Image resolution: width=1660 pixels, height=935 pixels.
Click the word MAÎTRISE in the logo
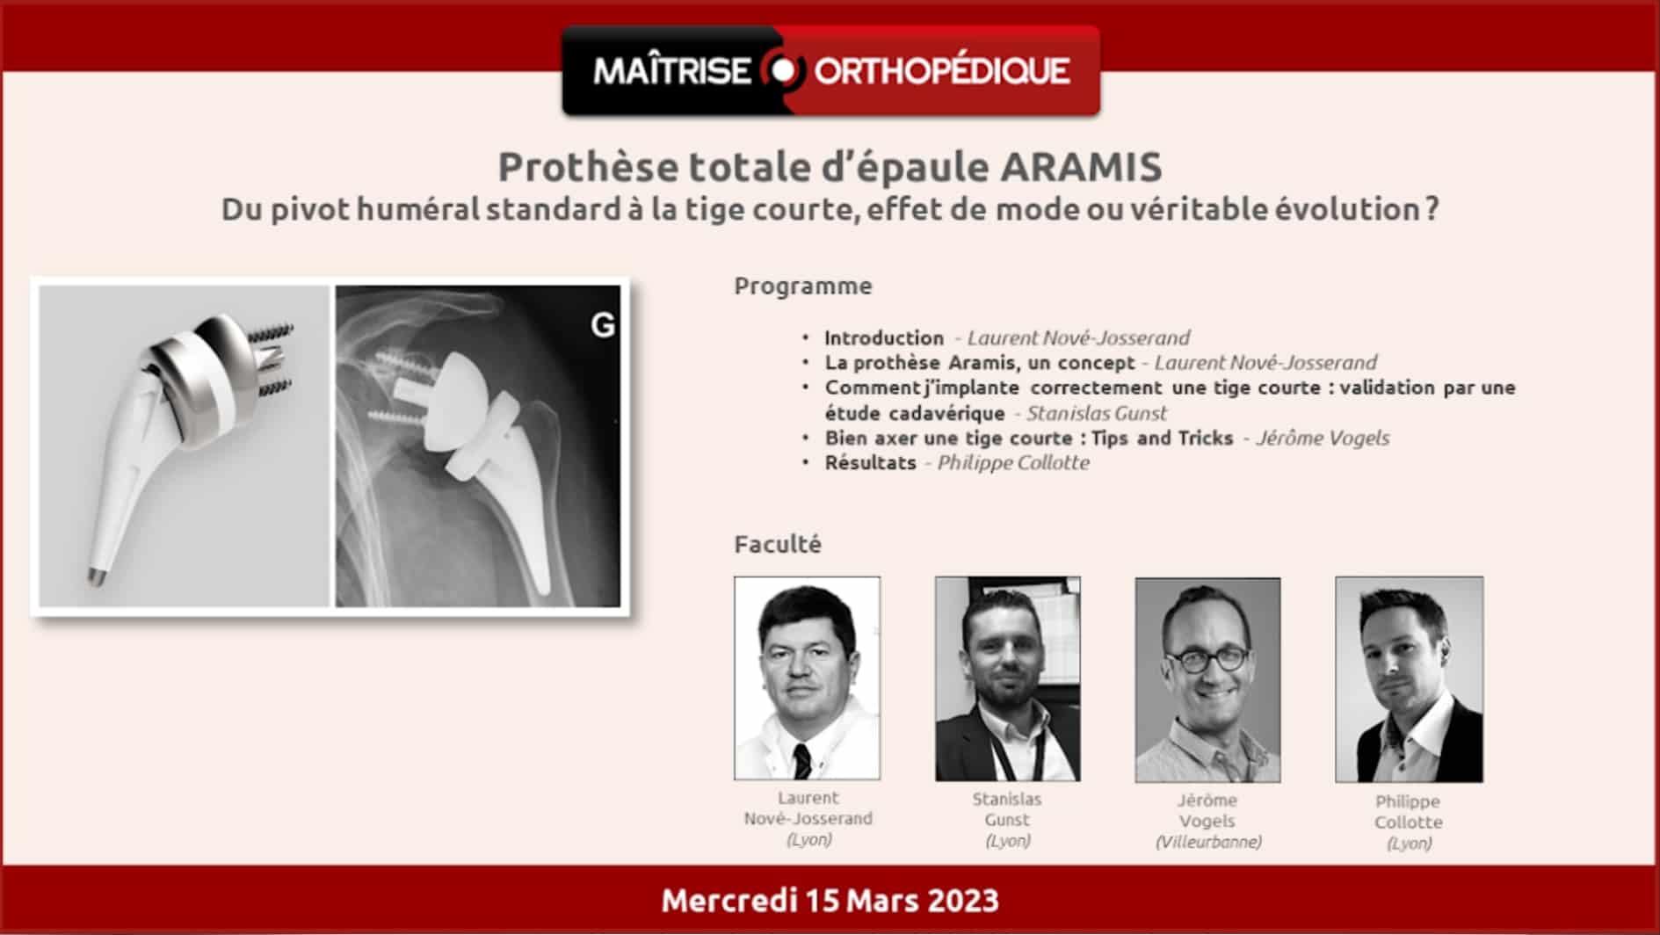point(672,70)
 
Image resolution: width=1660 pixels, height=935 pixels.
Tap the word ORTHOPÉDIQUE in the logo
point(942,71)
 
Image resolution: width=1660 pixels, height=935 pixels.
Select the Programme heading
point(803,286)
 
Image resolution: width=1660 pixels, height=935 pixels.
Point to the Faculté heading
point(778,544)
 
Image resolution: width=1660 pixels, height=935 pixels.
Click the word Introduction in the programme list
point(884,337)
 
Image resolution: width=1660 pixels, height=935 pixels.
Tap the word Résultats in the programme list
point(870,463)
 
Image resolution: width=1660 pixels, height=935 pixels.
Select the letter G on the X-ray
point(603,325)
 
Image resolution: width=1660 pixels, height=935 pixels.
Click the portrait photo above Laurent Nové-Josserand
point(807,678)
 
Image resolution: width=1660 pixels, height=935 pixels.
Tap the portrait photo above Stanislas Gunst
point(1008,678)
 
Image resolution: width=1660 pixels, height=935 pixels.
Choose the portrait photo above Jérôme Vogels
point(1207,679)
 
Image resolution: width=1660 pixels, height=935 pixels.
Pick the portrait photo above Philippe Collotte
point(1409,679)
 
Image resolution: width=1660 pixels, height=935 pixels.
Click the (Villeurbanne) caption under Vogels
point(1208,842)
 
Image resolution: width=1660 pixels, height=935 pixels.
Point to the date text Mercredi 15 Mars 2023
point(830,900)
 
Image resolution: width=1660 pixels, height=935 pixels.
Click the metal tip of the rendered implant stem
point(93,576)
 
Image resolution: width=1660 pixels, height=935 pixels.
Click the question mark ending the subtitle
point(1432,209)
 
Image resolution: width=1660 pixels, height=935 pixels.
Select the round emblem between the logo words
point(782,70)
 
